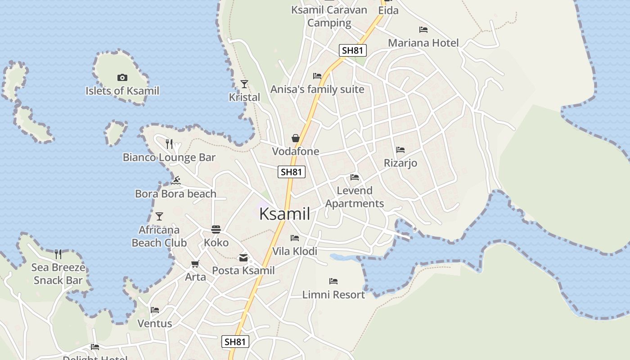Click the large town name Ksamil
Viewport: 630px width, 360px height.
click(284, 214)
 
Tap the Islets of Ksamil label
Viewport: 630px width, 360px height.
click(122, 91)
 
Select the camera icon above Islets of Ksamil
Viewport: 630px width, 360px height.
click(122, 78)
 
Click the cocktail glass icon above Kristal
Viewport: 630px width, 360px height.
click(244, 84)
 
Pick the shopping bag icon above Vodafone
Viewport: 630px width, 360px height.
click(296, 138)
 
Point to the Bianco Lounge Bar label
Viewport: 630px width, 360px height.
click(169, 157)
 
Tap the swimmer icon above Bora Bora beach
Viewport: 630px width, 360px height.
click(176, 181)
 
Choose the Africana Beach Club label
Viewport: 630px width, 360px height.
click(159, 236)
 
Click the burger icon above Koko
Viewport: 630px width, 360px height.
click(216, 229)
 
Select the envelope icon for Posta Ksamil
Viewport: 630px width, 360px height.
click(243, 258)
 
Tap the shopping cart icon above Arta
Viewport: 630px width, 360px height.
click(195, 264)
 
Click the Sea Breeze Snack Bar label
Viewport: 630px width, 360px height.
click(58, 274)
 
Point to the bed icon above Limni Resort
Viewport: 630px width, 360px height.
click(333, 281)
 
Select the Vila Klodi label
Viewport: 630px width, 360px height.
click(295, 251)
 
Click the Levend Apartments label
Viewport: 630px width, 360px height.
click(355, 197)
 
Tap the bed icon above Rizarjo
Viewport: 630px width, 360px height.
click(400, 150)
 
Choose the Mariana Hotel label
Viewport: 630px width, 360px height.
click(423, 43)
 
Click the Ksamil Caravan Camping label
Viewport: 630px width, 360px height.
click(329, 16)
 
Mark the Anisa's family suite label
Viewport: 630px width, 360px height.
click(317, 89)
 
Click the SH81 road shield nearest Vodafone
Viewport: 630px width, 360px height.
click(292, 172)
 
